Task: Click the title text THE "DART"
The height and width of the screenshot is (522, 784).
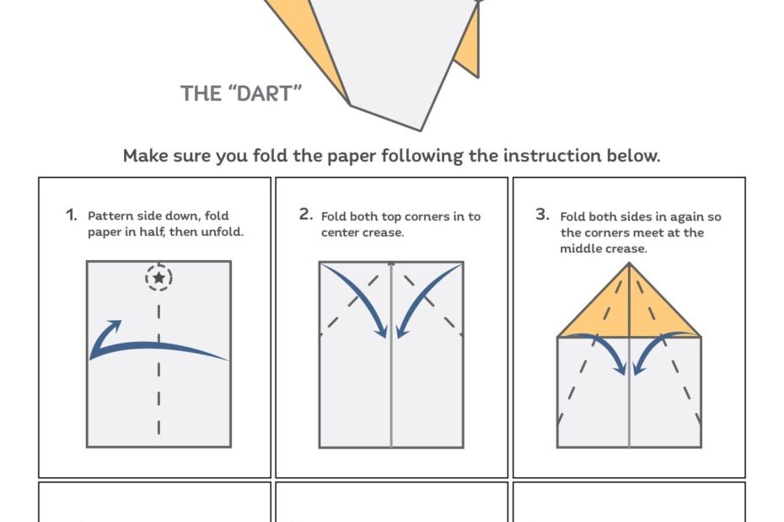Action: tap(240, 93)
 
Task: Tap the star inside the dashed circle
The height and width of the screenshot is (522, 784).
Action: tap(158, 277)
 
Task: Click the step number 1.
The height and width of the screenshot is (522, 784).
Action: tap(71, 215)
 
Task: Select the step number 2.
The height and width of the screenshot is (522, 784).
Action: tap(306, 215)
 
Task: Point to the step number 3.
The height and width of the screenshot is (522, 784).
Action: tap(542, 215)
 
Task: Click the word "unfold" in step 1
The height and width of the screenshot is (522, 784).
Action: tap(222, 232)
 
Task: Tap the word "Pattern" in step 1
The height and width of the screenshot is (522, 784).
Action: tap(110, 216)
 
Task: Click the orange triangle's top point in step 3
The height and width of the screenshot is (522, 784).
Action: tap(629, 266)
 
